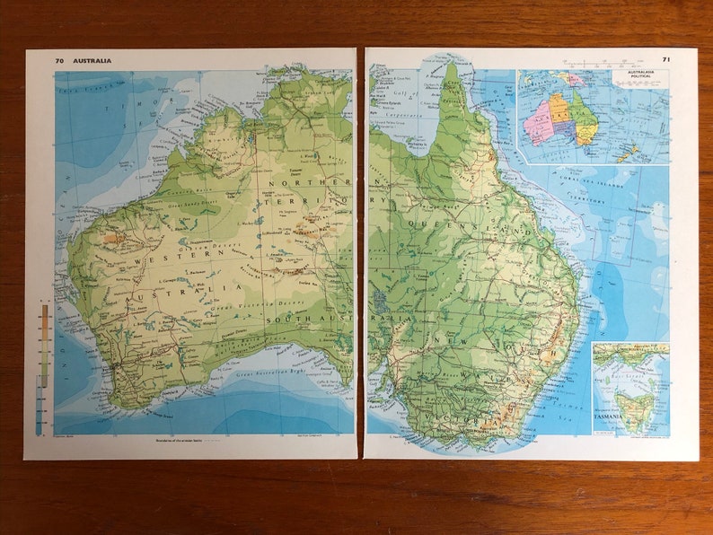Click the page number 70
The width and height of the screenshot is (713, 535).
(59, 61)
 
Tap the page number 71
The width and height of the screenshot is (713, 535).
(666, 59)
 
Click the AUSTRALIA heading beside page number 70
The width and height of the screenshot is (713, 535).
(94, 61)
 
